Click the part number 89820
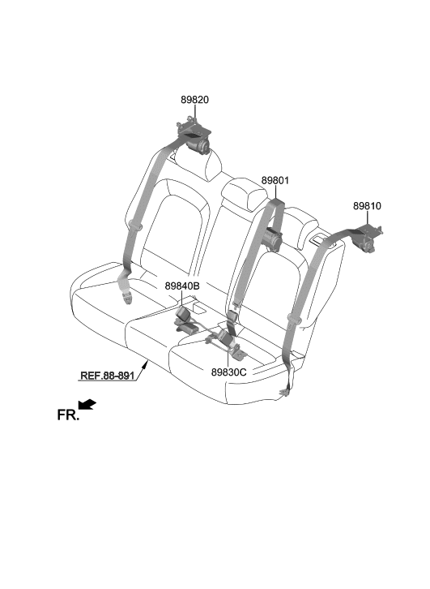click(194, 100)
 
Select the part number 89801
click(275, 181)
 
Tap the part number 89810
click(367, 206)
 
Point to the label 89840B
click(182, 286)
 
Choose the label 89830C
click(228, 372)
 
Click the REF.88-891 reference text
click(107, 376)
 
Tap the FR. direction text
click(68, 415)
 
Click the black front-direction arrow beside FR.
click(87, 404)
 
